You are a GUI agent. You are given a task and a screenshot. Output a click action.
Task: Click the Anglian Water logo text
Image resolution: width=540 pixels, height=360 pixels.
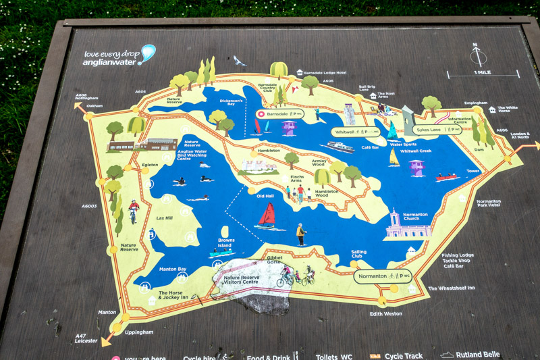(x=111, y=57)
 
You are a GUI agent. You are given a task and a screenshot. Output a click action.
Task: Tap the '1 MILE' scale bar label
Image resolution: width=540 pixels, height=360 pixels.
(x=482, y=72)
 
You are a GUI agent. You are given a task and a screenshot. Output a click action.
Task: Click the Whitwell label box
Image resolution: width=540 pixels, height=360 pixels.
(x=350, y=132)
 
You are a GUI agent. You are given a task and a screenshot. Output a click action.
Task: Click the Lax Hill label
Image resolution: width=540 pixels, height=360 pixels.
(x=164, y=218)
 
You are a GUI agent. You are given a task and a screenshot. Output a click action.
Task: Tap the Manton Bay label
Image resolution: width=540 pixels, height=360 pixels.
(x=172, y=269)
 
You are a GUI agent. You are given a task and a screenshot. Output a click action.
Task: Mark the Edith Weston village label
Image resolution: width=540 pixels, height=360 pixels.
(x=386, y=313)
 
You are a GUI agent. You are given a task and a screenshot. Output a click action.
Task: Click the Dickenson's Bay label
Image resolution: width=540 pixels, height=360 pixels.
(x=231, y=103)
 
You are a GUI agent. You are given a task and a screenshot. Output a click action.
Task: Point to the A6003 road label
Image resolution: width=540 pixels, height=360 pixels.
(x=89, y=206)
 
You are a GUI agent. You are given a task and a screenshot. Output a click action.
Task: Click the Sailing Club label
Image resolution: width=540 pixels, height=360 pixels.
(x=359, y=254)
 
